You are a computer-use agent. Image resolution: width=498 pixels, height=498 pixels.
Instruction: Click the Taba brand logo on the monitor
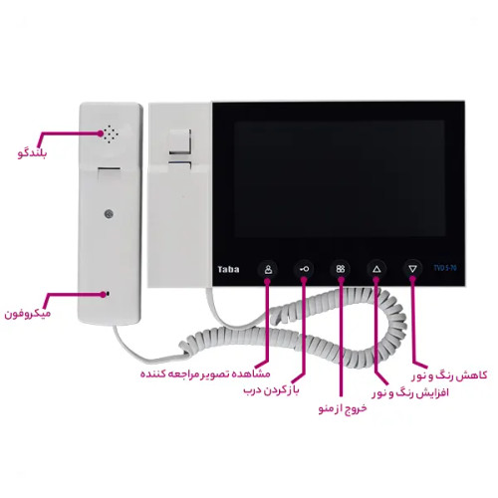coord(228,269)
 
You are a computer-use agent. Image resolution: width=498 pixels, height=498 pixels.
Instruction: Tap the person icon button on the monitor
coord(268,269)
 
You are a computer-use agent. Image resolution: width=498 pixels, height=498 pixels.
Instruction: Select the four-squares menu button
coord(341,269)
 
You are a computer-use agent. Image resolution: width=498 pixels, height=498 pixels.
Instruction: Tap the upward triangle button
coord(376,269)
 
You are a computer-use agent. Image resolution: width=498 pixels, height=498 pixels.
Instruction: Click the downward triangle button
coord(412,269)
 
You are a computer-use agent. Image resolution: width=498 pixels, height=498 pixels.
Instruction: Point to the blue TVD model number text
coord(445,268)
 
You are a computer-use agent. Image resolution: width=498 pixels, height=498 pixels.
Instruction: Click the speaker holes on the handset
coord(111,134)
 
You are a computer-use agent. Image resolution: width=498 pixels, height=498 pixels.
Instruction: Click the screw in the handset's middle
coord(109,214)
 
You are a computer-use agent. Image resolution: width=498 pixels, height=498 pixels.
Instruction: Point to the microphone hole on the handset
coord(106,294)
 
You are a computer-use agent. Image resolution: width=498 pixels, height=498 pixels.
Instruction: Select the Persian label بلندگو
coord(33,153)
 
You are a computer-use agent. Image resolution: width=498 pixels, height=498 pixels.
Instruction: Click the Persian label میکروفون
coord(28,314)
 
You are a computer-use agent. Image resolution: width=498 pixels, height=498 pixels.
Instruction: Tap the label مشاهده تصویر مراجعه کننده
coord(205,373)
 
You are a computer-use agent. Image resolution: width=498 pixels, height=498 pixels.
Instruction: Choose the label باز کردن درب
coord(272,390)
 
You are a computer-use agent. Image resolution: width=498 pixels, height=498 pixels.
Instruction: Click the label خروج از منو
coord(343,408)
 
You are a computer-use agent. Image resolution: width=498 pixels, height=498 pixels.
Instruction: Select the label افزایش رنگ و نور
coord(410,393)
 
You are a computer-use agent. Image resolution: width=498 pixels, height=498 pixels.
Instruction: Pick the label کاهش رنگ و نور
coord(450,375)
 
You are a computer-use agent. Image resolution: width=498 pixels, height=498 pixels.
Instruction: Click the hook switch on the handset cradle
coord(180,142)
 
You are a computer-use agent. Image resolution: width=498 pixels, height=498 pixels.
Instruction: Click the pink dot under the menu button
coord(341,281)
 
